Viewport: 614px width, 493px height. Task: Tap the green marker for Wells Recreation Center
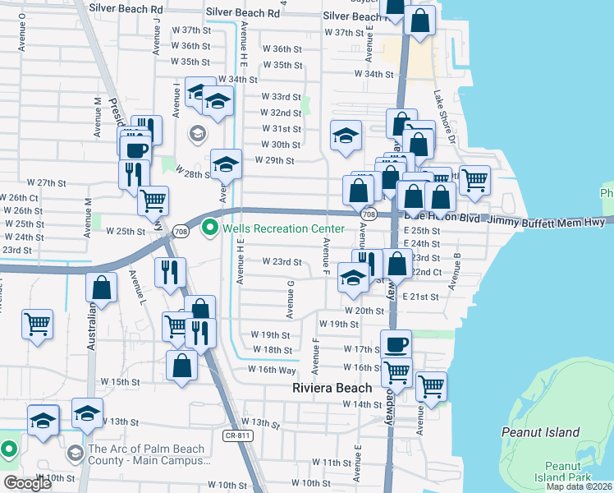click(209, 227)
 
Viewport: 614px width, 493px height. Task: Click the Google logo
click(27, 483)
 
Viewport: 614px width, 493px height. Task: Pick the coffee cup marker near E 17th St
click(396, 344)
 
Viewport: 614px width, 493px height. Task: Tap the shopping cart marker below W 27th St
click(153, 200)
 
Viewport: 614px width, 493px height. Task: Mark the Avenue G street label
click(291, 298)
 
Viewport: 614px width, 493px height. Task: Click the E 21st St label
click(421, 297)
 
